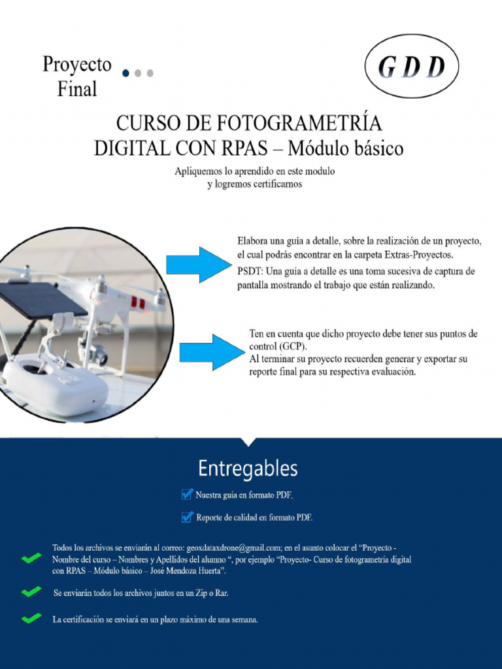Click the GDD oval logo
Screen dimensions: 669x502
(x=412, y=66)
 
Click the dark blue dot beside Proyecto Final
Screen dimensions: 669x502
(x=125, y=73)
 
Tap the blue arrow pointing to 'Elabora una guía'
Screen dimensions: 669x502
(x=195, y=265)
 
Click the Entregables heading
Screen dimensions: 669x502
(x=248, y=468)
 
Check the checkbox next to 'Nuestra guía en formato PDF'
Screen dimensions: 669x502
(x=187, y=494)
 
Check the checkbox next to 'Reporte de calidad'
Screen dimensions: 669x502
(x=187, y=517)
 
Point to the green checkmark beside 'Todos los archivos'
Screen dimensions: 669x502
(x=31, y=559)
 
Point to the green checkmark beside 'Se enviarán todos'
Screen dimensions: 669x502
(x=31, y=592)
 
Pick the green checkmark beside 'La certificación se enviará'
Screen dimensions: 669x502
(x=31, y=619)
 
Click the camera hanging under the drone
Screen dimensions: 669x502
(x=96, y=353)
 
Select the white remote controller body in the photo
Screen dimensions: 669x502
(x=56, y=385)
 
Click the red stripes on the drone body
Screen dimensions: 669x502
(x=137, y=302)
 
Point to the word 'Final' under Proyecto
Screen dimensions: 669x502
(x=77, y=88)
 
